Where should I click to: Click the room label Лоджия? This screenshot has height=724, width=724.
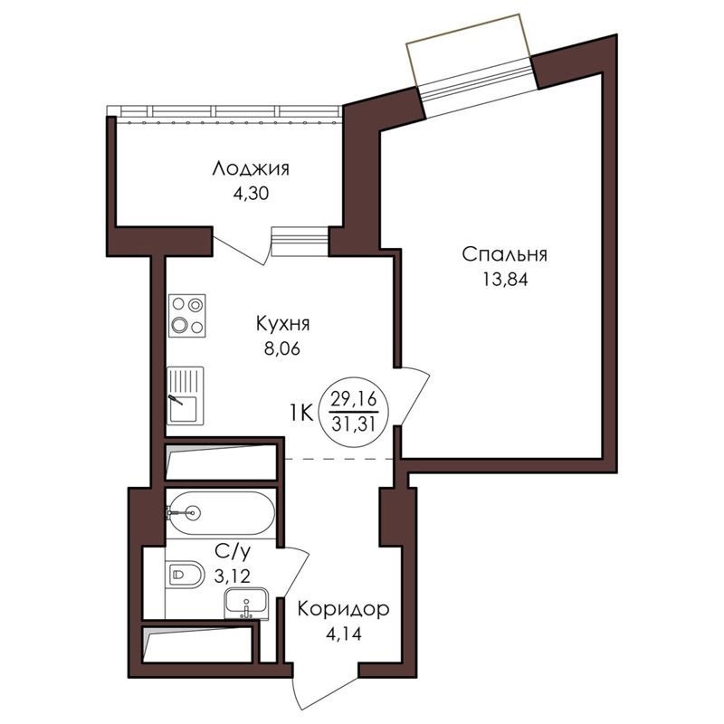pos(251,169)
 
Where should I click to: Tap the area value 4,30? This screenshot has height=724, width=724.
pos(251,194)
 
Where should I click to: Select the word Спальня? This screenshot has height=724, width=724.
pos(504,254)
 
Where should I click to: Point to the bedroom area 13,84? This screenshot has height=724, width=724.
pos(505,280)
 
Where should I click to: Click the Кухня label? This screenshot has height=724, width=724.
pos(282,324)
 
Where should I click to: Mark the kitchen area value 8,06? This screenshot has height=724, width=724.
pos(282,348)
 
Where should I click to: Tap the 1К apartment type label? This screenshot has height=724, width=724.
pos(301,412)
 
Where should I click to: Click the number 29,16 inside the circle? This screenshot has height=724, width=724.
pos(354,398)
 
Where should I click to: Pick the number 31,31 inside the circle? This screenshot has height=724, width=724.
pos(354,424)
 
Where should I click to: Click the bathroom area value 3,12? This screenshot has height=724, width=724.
pos(233,576)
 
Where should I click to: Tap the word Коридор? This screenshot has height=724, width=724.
pos(343,609)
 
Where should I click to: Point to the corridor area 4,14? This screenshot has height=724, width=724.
pos(344,634)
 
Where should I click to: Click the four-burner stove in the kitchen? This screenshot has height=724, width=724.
pos(187,316)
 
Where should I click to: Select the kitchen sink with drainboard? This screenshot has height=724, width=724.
pos(186,395)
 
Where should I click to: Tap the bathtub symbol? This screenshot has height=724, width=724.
pos(221,513)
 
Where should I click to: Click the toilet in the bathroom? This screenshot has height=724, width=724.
pos(185,575)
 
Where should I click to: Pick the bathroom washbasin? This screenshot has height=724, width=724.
pos(246,604)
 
